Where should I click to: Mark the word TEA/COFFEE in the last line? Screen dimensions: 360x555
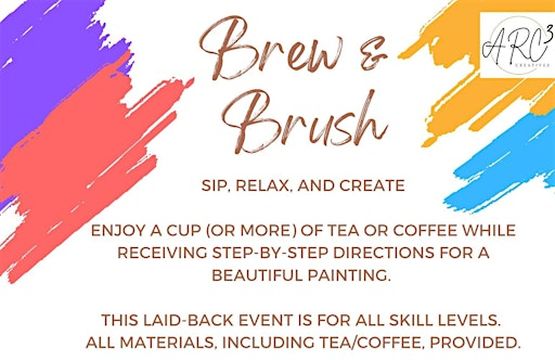[x=383, y=340]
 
